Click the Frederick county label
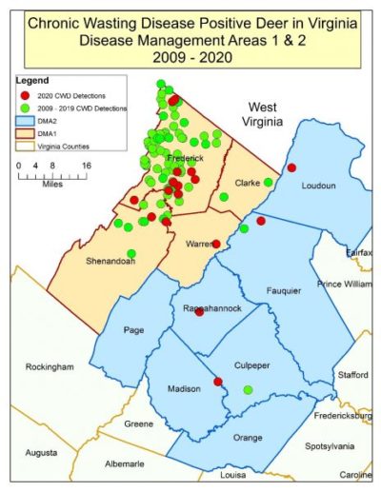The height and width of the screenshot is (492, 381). (x=185, y=157)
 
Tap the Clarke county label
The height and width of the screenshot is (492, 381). (x=249, y=182)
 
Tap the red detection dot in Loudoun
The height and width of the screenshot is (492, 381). (x=291, y=167)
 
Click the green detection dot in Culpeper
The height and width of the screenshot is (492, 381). (x=248, y=389)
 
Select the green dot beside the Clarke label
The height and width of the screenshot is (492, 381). (x=269, y=182)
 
